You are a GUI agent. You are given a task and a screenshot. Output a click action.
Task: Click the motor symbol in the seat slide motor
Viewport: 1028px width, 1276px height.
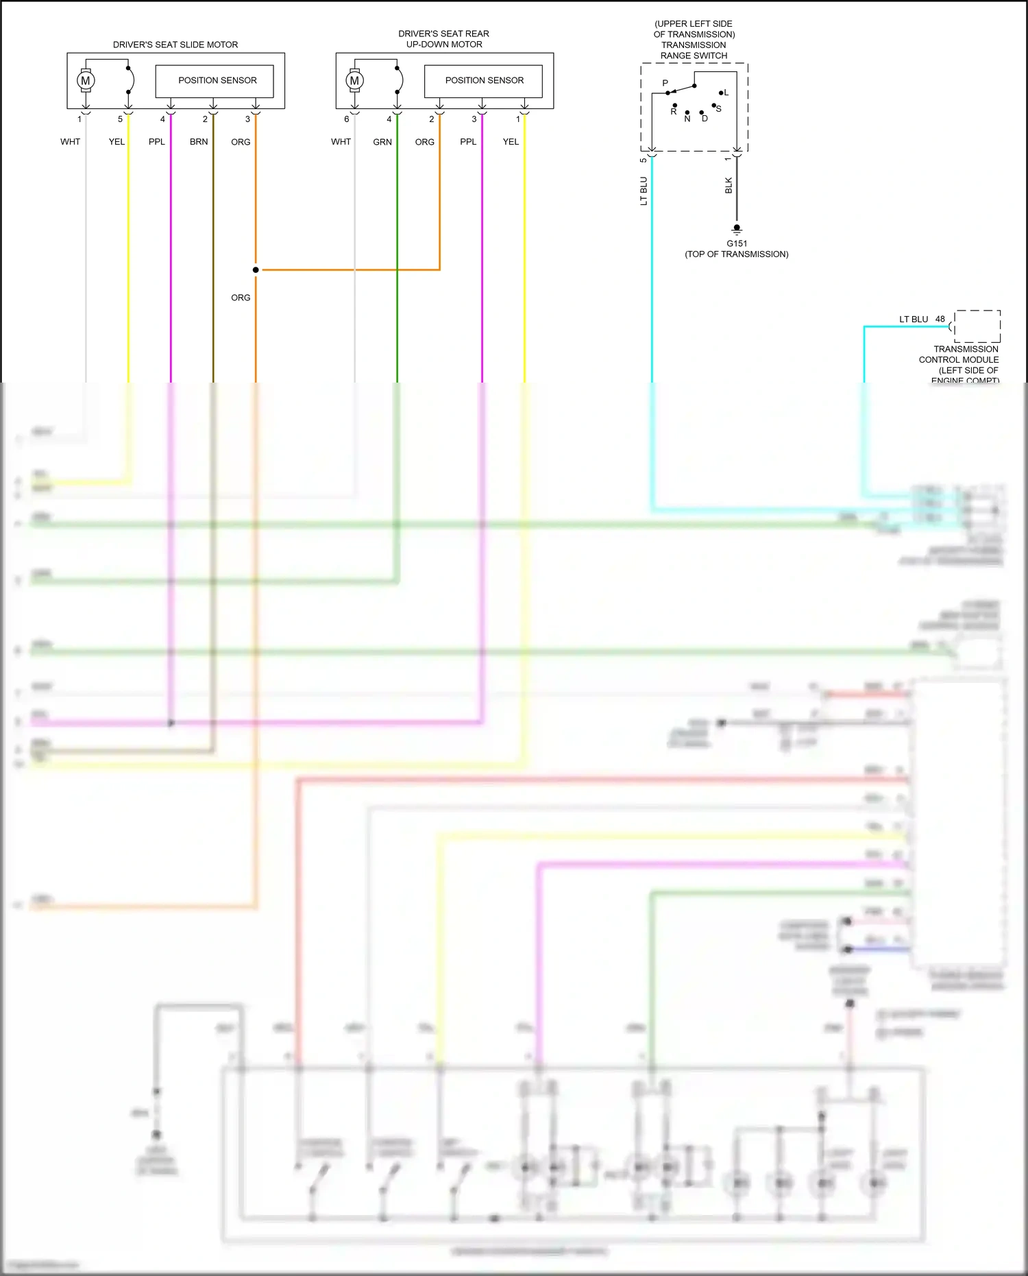(x=86, y=80)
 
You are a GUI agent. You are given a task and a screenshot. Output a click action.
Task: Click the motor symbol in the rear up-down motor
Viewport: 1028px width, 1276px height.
(x=354, y=80)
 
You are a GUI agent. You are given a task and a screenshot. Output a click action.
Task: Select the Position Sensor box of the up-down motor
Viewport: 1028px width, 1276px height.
(x=483, y=81)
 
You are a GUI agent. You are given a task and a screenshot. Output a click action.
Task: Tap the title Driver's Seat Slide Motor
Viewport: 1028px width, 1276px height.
(x=175, y=45)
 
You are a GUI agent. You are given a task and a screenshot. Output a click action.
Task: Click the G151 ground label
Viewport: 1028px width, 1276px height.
(x=737, y=243)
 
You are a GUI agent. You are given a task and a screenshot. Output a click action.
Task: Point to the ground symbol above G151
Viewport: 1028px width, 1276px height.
(x=737, y=229)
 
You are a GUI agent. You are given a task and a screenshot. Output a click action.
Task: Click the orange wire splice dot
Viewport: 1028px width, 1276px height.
(x=256, y=269)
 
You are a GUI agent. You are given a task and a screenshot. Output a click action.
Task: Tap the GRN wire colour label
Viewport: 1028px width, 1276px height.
(x=382, y=142)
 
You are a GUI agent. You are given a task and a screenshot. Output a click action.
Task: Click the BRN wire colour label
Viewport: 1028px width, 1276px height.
(x=199, y=142)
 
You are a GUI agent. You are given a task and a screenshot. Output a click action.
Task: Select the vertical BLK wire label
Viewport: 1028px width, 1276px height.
(x=729, y=185)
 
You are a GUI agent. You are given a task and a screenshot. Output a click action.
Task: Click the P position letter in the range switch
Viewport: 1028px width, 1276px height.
(x=665, y=83)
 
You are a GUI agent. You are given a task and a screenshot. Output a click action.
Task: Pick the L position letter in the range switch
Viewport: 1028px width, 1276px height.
(x=726, y=93)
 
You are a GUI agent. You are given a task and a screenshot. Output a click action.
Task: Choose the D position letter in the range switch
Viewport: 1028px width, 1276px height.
(x=705, y=119)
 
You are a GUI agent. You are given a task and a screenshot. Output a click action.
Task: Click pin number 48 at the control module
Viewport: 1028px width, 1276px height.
(x=940, y=319)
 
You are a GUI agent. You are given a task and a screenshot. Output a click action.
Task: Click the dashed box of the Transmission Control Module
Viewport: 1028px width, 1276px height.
(x=977, y=326)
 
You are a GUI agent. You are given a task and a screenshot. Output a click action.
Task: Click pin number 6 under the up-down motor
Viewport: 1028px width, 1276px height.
(x=347, y=119)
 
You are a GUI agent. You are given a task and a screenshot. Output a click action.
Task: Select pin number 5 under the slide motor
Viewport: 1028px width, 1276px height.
(x=120, y=119)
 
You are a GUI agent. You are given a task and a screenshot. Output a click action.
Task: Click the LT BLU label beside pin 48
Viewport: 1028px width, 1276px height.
(x=914, y=319)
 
